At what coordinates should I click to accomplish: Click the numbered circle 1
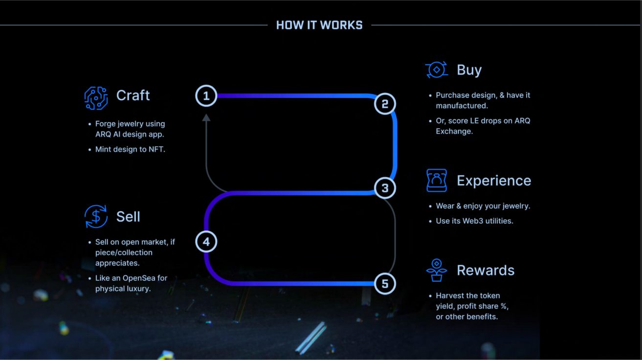206,96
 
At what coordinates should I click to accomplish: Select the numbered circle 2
385,104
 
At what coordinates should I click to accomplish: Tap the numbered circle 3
385,188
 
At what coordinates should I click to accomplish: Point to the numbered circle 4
206,242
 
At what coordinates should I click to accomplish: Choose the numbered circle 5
385,284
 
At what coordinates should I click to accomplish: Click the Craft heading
133,95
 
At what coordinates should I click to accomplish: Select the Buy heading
469,70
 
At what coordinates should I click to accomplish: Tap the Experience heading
494,181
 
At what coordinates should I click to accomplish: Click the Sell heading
128,216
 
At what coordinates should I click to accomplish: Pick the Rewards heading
486,270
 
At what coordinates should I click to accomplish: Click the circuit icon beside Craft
96,98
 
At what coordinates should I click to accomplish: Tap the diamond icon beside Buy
437,69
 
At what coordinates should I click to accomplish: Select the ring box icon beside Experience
437,180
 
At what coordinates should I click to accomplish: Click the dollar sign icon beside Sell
96,216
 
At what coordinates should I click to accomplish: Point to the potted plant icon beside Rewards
437,270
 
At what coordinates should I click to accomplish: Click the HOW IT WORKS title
319,25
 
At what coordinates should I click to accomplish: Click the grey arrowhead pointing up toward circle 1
206,117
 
